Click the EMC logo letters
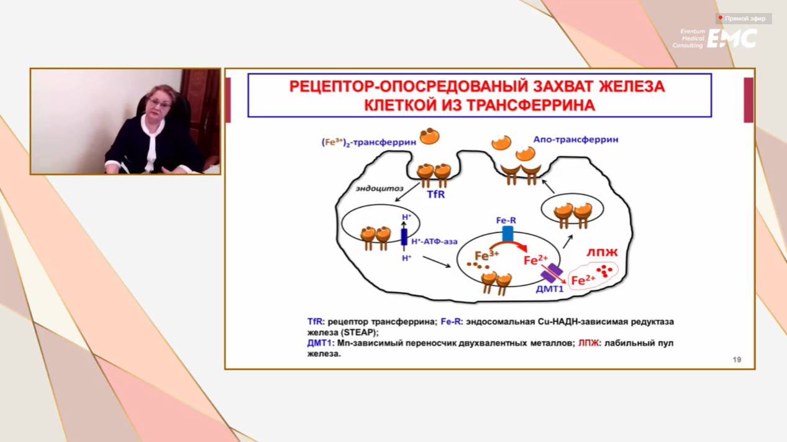click(x=732, y=39)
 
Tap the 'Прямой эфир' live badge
click(x=744, y=19)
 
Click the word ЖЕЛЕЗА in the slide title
click(x=632, y=86)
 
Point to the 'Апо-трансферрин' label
click(x=576, y=140)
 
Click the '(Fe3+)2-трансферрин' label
click(x=369, y=142)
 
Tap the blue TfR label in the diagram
click(x=435, y=194)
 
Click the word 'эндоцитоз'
click(x=380, y=188)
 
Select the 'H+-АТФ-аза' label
click(x=434, y=241)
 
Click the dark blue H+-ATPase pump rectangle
click(x=404, y=237)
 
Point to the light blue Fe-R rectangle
click(x=507, y=234)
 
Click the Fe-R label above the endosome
click(x=506, y=220)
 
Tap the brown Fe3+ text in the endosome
click(x=486, y=256)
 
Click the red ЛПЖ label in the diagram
click(x=602, y=252)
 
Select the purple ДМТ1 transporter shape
click(x=552, y=273)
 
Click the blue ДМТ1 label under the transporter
click(x=550, y=289)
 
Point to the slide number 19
click(x=737, y=359)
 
